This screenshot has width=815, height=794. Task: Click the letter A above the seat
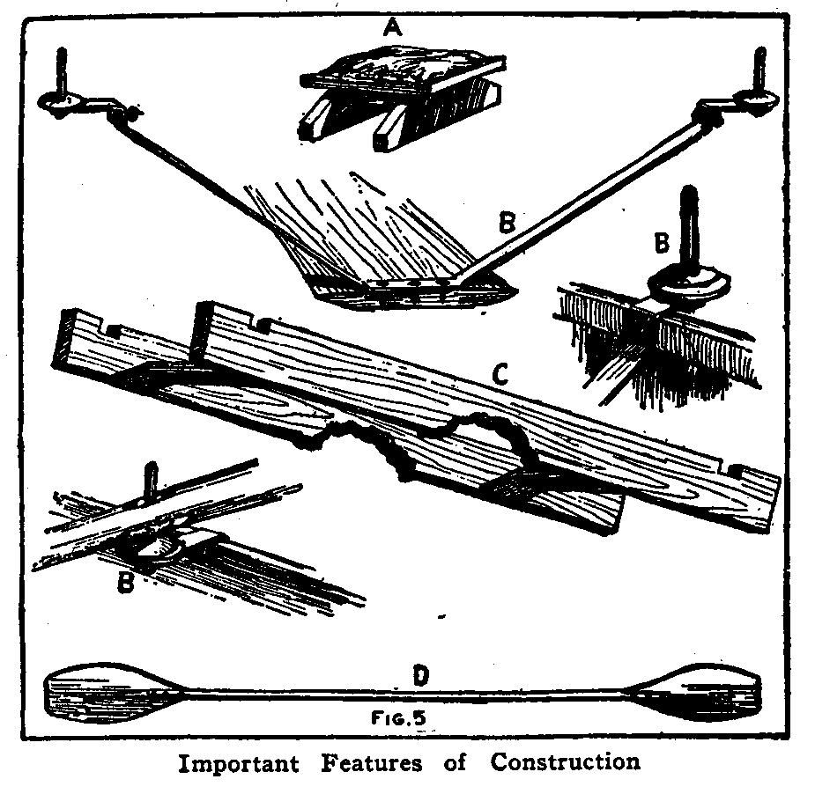tap(391, 29)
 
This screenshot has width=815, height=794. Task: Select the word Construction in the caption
tap(565, 762)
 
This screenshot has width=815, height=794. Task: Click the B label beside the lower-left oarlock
tap(126, 583)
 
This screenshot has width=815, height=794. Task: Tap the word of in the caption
tap(455, 762)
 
